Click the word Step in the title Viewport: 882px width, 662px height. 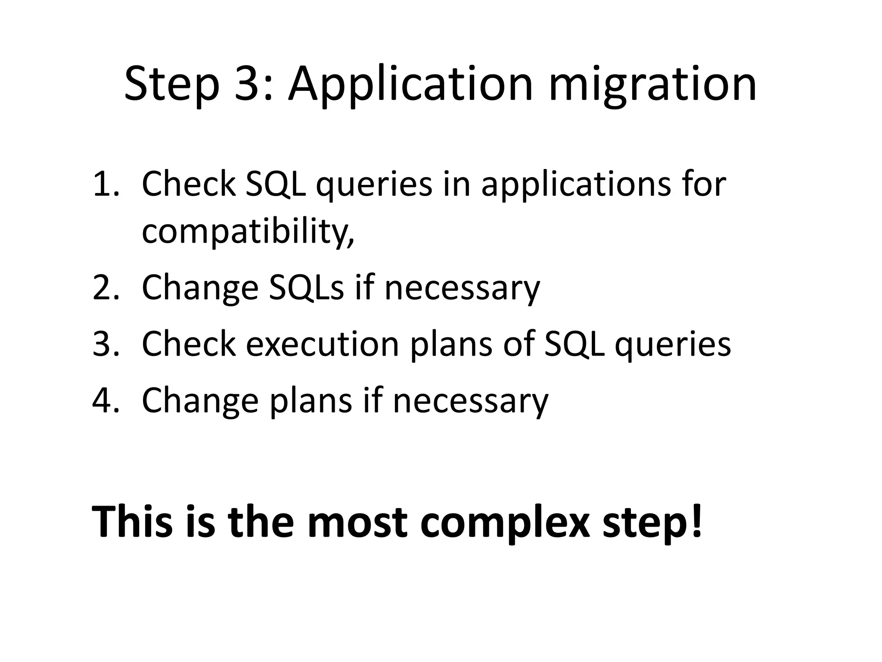[x=172, y=84]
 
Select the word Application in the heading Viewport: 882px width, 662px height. [x=411, y=84]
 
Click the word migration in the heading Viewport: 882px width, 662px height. [x=652, y=84]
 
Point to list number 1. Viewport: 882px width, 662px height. [x=105, y=184]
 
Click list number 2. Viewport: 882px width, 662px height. [x=105, y=288]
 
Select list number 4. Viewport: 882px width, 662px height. [x=105, y=400]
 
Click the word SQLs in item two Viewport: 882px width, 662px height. [x=306, y=288]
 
